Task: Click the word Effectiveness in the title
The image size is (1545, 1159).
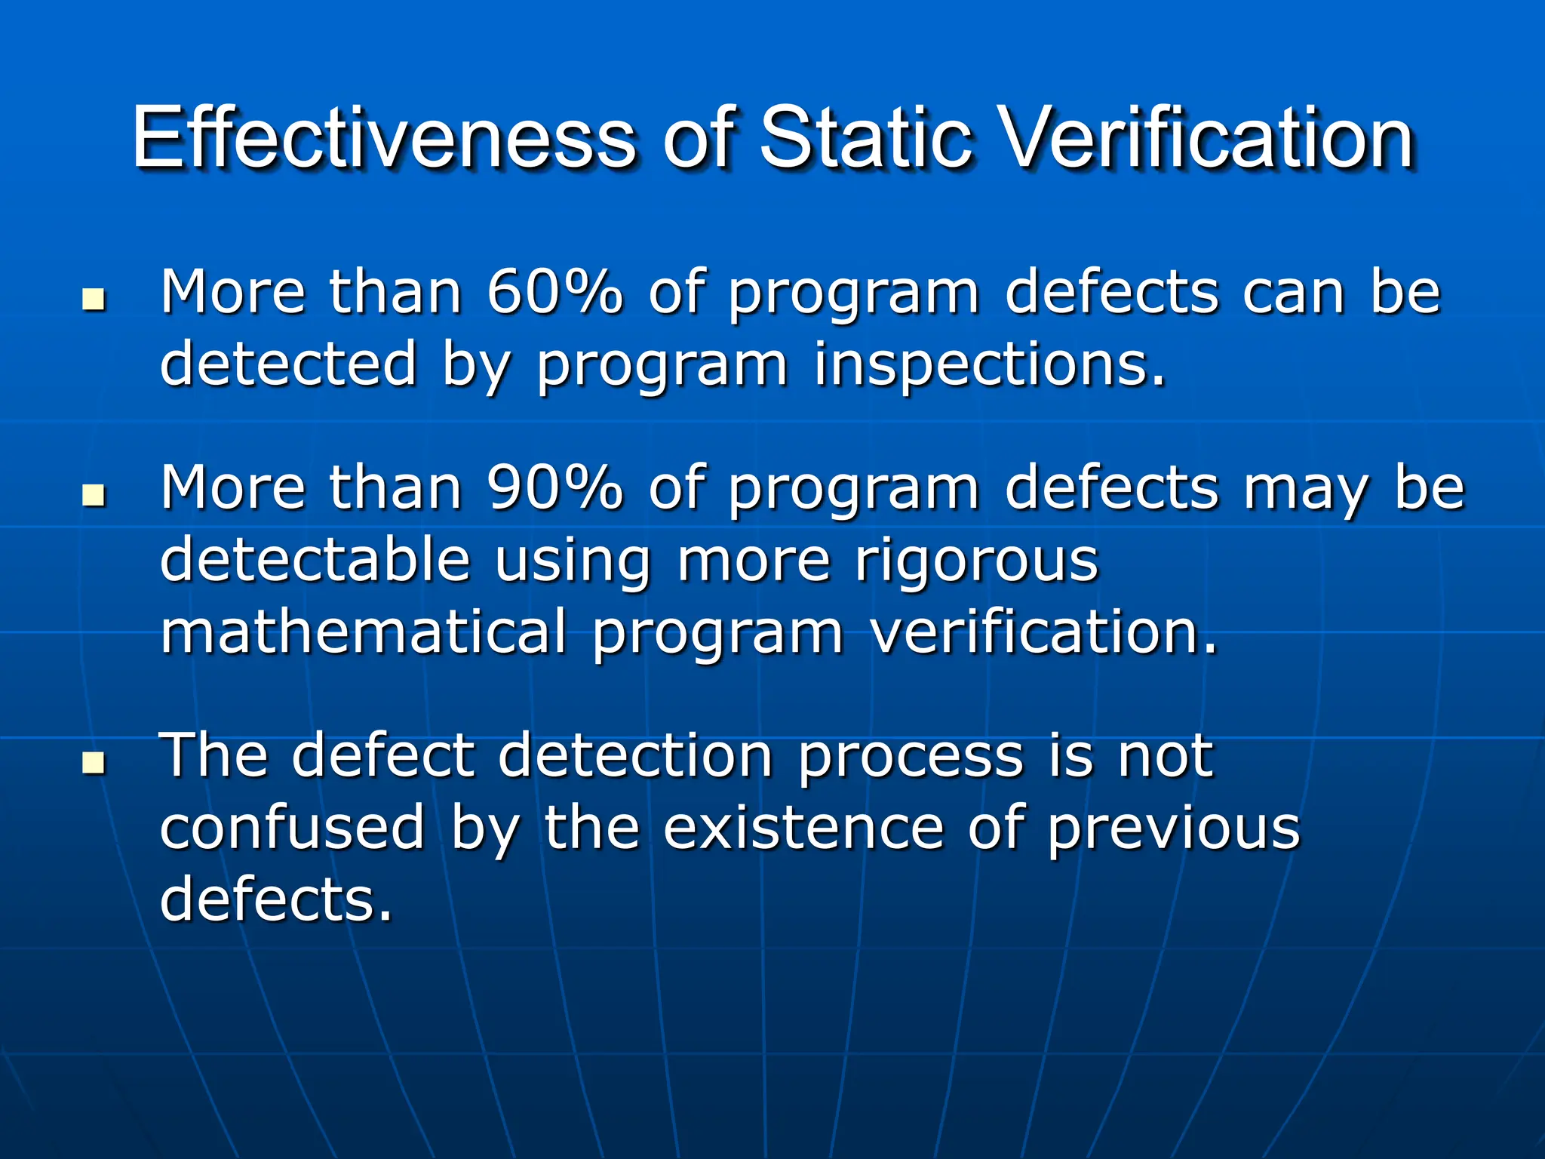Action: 383,138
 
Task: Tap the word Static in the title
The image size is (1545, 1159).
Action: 866,138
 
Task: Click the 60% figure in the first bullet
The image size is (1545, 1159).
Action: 554,292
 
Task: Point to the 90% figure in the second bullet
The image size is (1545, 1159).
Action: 554,488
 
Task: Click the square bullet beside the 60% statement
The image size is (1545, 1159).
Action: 94,300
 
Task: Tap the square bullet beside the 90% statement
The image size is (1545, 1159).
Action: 94,495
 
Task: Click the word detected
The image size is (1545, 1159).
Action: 288,364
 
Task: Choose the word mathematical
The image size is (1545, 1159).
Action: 363,632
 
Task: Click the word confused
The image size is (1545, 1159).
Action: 293,827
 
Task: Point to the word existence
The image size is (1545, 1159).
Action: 803,827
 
